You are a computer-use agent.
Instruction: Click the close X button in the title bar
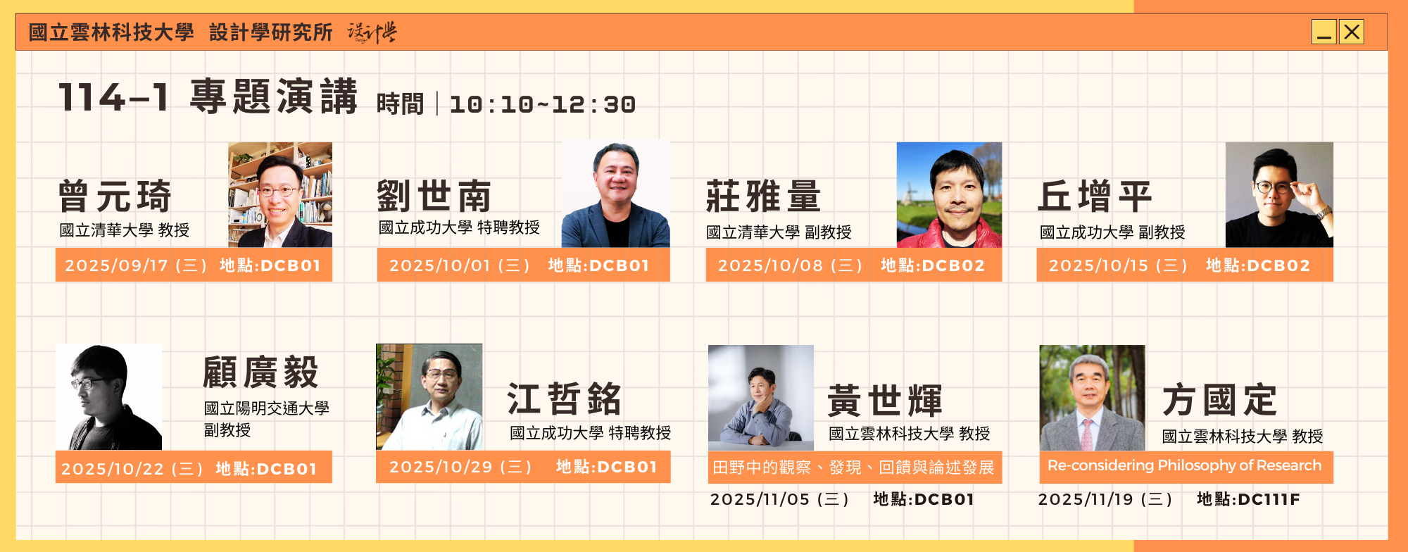pyautogui.click(x=1351, y=32)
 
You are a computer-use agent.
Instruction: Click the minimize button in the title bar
pyautogui.click(x=1324, y=32)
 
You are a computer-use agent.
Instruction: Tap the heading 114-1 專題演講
pyautogui.click(x=208, y=96)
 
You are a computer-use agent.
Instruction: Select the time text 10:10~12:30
pyautogui.click(x=543, y=105)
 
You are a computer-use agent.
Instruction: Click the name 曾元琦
pyautogui.click(x=115, y=196)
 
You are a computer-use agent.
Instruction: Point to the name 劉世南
pyautogui.click(x=434, y=196)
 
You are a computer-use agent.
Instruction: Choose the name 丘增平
pyautogui.click(x=1095, y=196)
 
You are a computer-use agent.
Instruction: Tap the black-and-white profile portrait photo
pyautogui.click(x=109, y=397)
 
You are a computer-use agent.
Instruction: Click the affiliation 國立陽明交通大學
pyautogui.click(x=267, y=408)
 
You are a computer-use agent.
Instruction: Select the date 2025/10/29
pyautogui.click(x=441, y=467)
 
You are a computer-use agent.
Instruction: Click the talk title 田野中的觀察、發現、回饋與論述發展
pyautogui.click(x=853, y=468)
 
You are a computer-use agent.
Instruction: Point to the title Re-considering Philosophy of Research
pyautogui.click(x=1185, y=465)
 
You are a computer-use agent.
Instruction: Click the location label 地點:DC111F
pyautogui.click(x=1248, y=499)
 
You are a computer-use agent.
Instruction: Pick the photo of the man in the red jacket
pyautogui.click(x=949, y=195)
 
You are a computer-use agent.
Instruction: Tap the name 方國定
pyautogui.click(x=1219, y=400)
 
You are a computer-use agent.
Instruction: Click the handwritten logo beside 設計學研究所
pyautogui.click(x=372, y=32)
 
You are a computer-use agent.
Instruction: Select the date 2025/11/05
pyautogui.click(x=760, y=499)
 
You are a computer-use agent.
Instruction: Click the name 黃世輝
pyautogui.click(x=885, y=401)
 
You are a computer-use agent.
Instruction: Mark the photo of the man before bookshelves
pyautogui.click(x=280, y=195)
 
